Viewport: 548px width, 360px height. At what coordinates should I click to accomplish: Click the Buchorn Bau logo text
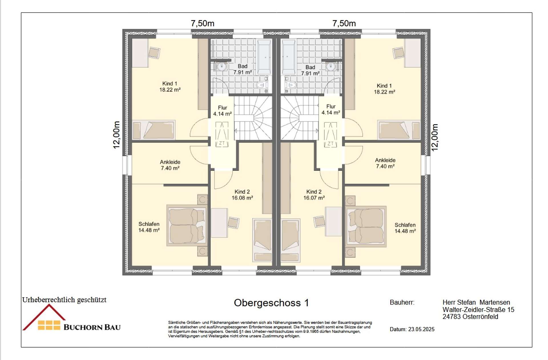(x=92, y=327)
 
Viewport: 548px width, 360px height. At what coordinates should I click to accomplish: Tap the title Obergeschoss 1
(x=271, y=303)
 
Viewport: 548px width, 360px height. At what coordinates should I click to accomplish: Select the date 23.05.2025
(x=421, y=329)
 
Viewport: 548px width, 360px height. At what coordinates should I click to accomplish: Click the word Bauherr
(x=402, y=302)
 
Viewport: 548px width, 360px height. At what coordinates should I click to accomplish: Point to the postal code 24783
(x=452, y=317)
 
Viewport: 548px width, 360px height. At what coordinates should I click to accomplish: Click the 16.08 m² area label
(x=242, y=198)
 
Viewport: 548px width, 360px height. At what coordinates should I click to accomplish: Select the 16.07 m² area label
(x=314, y=198)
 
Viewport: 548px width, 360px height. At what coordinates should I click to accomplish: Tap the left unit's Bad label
(x=243, y=66)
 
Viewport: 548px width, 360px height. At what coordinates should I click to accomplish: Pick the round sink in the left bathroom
(x=222, y=67)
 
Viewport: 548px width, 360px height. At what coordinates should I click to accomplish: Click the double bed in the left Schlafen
(x=187, y=225)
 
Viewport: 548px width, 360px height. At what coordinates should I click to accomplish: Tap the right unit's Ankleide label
(x=385, y=160)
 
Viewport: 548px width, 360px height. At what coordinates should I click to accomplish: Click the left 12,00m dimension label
(x=116, y=135)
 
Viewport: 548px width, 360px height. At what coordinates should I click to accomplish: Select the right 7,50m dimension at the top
(x=344, y=23)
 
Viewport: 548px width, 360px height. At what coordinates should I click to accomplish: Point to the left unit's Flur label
(x=222, y=108)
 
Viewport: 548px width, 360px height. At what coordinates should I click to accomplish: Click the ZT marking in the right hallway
(x=330, y=143)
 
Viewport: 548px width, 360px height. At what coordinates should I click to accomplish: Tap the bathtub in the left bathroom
(x=264, y=57)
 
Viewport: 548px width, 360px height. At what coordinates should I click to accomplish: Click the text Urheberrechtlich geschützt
(x=64, y=300)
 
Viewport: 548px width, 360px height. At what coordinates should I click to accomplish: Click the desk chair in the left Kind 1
(x=154, y=53)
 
